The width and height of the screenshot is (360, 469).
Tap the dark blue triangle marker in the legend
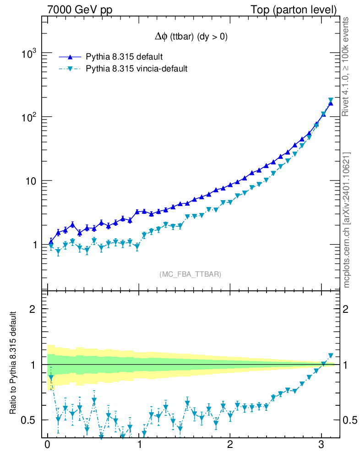(x=70, y=57)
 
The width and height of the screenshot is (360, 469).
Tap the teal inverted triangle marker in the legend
(x=70, y=69)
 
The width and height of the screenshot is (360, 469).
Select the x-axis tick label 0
(x=47, y=446)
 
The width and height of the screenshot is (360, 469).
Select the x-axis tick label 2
(x=230, y=446)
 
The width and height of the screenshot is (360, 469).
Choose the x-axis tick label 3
(x=321, y=446)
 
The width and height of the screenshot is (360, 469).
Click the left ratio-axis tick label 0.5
(x=29, y=420)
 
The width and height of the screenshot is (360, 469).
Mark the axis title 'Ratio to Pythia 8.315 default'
(x=14, y=364)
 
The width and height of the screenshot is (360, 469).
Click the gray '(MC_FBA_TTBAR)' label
(x=191, y=274)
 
